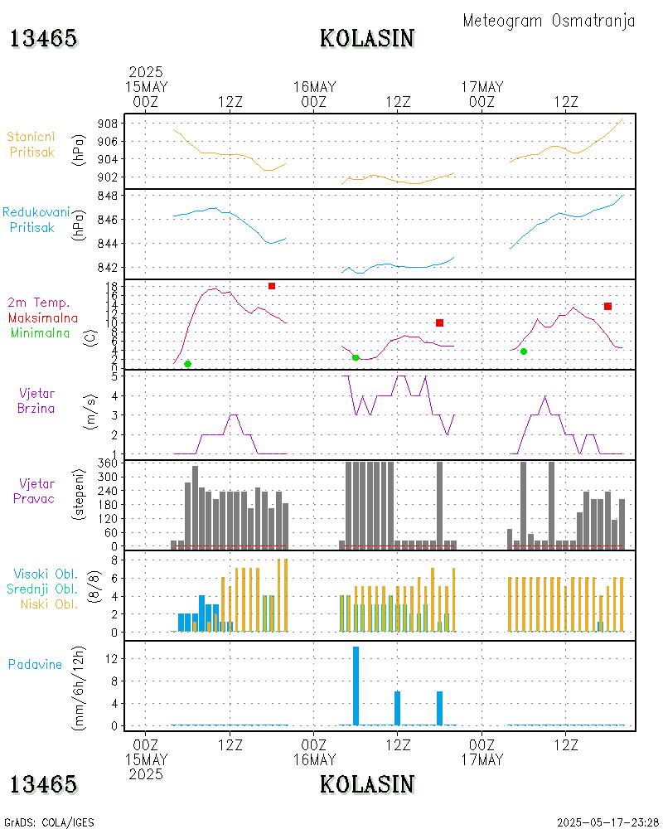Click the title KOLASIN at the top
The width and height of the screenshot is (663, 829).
pyautogui.click(x=367, y=38)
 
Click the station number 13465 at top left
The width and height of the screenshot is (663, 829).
pyautogui.click(x=44, y=38)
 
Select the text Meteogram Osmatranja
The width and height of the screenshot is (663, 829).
pyautogui.click(x=549, y=21)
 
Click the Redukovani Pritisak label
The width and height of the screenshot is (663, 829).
pyautogui.click(x=36, y=220)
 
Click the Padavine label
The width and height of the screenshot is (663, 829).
pyautogui.click(x=36, y=664)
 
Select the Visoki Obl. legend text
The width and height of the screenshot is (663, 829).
pyautogui.click(x=46, y=574)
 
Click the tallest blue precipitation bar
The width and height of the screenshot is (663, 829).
pyautogui.click(x=356, y=685)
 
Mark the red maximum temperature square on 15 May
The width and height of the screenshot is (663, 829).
pyautogui.click(x=272, y=286)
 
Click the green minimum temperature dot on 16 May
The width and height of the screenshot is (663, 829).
pyautogui.click(x=356, y=357)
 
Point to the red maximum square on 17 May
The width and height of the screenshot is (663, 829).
pyautogui.click(x=607, y=307)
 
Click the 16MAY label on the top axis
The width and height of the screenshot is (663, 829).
pyautogui.click(x=314, y=87)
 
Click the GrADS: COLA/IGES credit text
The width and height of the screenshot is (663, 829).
pyautogui.click(x=49, y=822)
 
